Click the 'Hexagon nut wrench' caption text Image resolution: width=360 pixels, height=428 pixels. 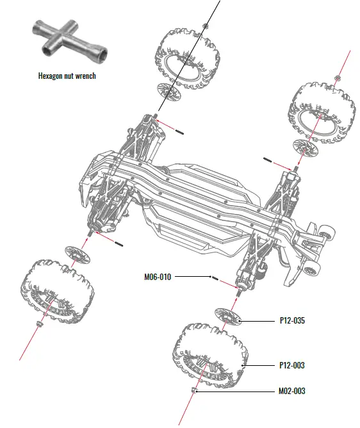(x=67, y=76)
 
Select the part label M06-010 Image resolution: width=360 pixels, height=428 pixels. (x=157, y=277)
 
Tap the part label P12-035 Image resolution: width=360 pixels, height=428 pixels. (x=291, y=320)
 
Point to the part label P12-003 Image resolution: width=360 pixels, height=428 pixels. (x=291, y=365)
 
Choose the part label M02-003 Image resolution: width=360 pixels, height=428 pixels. (x=291, y=390)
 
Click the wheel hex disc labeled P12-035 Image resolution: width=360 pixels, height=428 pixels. (x=229, y=316)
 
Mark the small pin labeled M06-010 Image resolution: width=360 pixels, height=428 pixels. (x=215, y=279)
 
